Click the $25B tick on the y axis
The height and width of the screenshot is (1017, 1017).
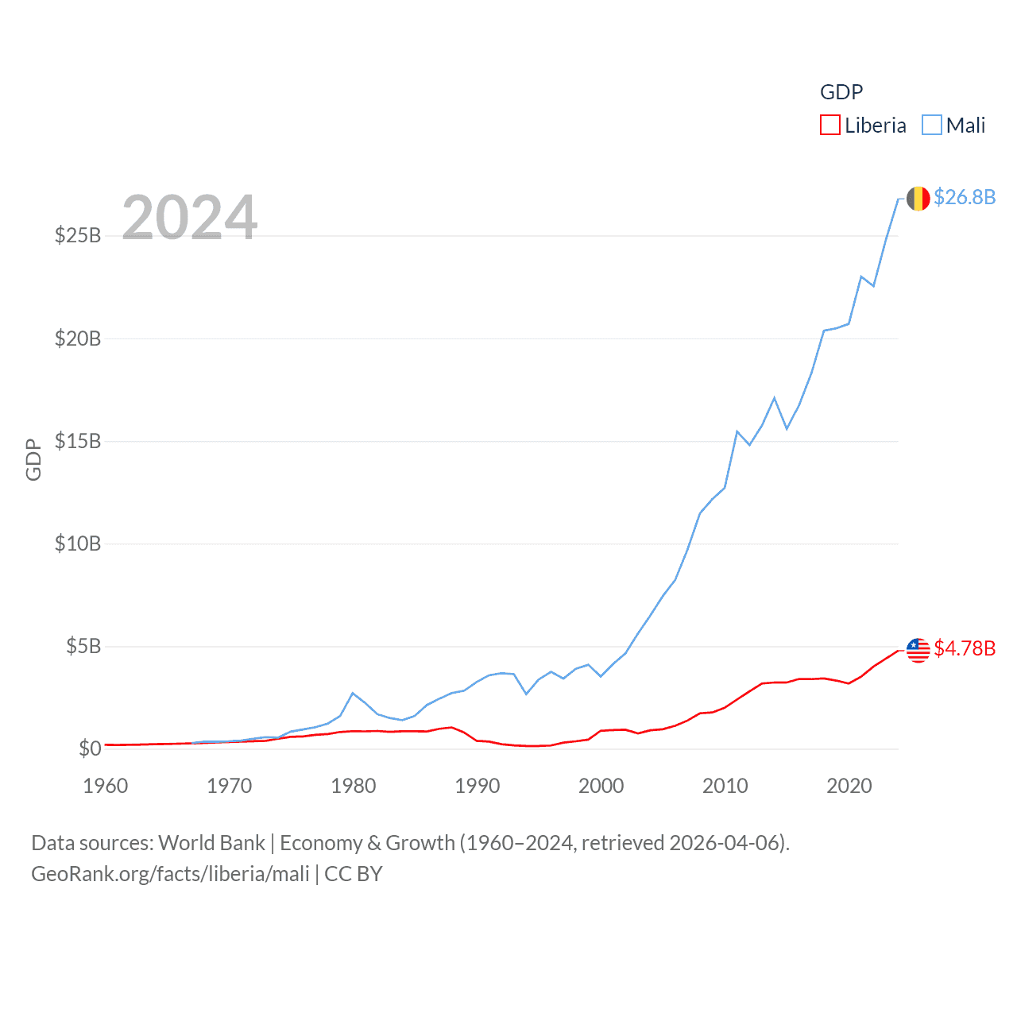[78, 235]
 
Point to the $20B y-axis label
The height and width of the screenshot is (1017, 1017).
[78, 338]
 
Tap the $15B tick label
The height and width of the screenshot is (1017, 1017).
[78, 441]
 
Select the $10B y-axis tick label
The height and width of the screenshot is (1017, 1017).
[78, 543]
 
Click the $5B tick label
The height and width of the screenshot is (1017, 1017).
[83, 646]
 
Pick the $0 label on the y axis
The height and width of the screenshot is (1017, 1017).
[90, 748]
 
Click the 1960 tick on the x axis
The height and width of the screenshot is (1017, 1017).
[106, 786]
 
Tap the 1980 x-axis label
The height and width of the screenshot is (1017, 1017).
[354, 786]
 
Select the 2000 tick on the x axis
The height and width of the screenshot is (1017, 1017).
[601, 786]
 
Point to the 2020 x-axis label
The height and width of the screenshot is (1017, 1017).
[849, 786]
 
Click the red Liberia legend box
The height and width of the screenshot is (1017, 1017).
[830, 126]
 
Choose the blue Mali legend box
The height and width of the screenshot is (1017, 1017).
[932, 126]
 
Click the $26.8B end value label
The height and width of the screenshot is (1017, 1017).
[965, 197]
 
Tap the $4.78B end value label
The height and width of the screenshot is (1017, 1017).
[965, 648]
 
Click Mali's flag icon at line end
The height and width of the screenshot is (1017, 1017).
[918, 199]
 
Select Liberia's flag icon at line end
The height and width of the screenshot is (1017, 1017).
[918, 650]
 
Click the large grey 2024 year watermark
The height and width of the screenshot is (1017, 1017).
[190, 218]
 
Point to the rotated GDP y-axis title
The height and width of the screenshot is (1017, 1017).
[33, 459]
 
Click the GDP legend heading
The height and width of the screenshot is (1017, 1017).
[841, 92]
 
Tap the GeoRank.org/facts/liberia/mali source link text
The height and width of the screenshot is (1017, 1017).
[170, 874]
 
